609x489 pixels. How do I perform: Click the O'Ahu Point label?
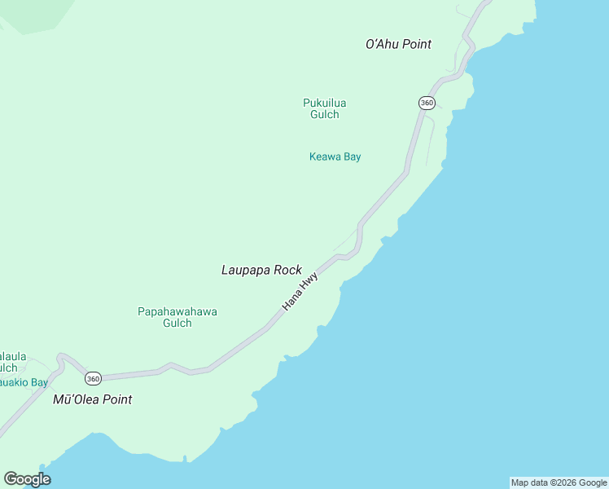[x=398, y=44]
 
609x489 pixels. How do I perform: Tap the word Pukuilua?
[x=324, y=103]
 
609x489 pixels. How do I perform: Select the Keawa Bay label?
[x=335, y=156]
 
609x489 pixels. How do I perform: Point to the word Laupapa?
[x=247, y=270]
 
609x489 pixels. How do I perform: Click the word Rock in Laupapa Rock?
[x=288, y=270]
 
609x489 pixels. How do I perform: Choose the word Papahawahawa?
[x=177, y=311]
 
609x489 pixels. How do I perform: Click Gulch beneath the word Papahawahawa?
[x=177, y=323]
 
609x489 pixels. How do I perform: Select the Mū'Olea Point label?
[x=92, y=399]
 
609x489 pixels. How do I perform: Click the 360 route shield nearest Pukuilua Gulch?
[x=427, y=103]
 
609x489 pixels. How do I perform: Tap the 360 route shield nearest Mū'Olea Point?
[x=93, y=378]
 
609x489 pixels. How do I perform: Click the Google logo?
[x=27, y=479]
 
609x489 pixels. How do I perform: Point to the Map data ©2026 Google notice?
[x=559, y=482]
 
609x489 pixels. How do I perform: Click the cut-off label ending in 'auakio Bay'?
[x=24, y=381]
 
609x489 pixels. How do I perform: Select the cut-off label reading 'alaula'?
[x=13, y=356]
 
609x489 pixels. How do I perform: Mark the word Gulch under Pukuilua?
[x=324, y=114]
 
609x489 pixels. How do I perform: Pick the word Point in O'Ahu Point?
[x=415, y=44]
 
